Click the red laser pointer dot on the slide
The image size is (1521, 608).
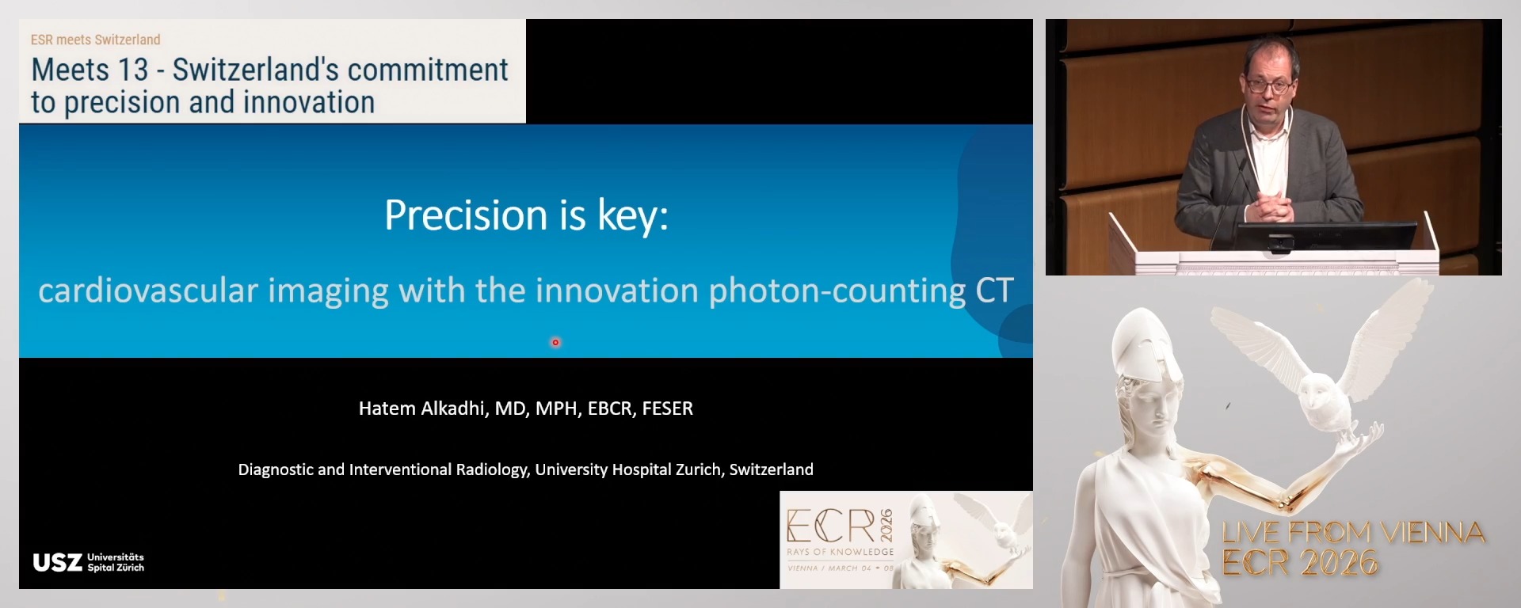tap(555, 342)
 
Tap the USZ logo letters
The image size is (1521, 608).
tap(57, 562)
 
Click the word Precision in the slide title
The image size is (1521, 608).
tap(466, 215)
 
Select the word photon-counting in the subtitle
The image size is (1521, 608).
tap(837, 291)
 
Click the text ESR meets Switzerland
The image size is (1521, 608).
tap(95, 40)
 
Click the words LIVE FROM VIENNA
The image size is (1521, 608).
tap(1353, 532)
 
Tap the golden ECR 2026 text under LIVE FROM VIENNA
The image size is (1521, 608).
tap(1299, 563)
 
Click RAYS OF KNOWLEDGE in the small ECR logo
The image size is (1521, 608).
tap(840, 552)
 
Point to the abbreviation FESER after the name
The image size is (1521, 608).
tap(667, 408)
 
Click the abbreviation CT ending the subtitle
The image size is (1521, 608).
tap(994, 291)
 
